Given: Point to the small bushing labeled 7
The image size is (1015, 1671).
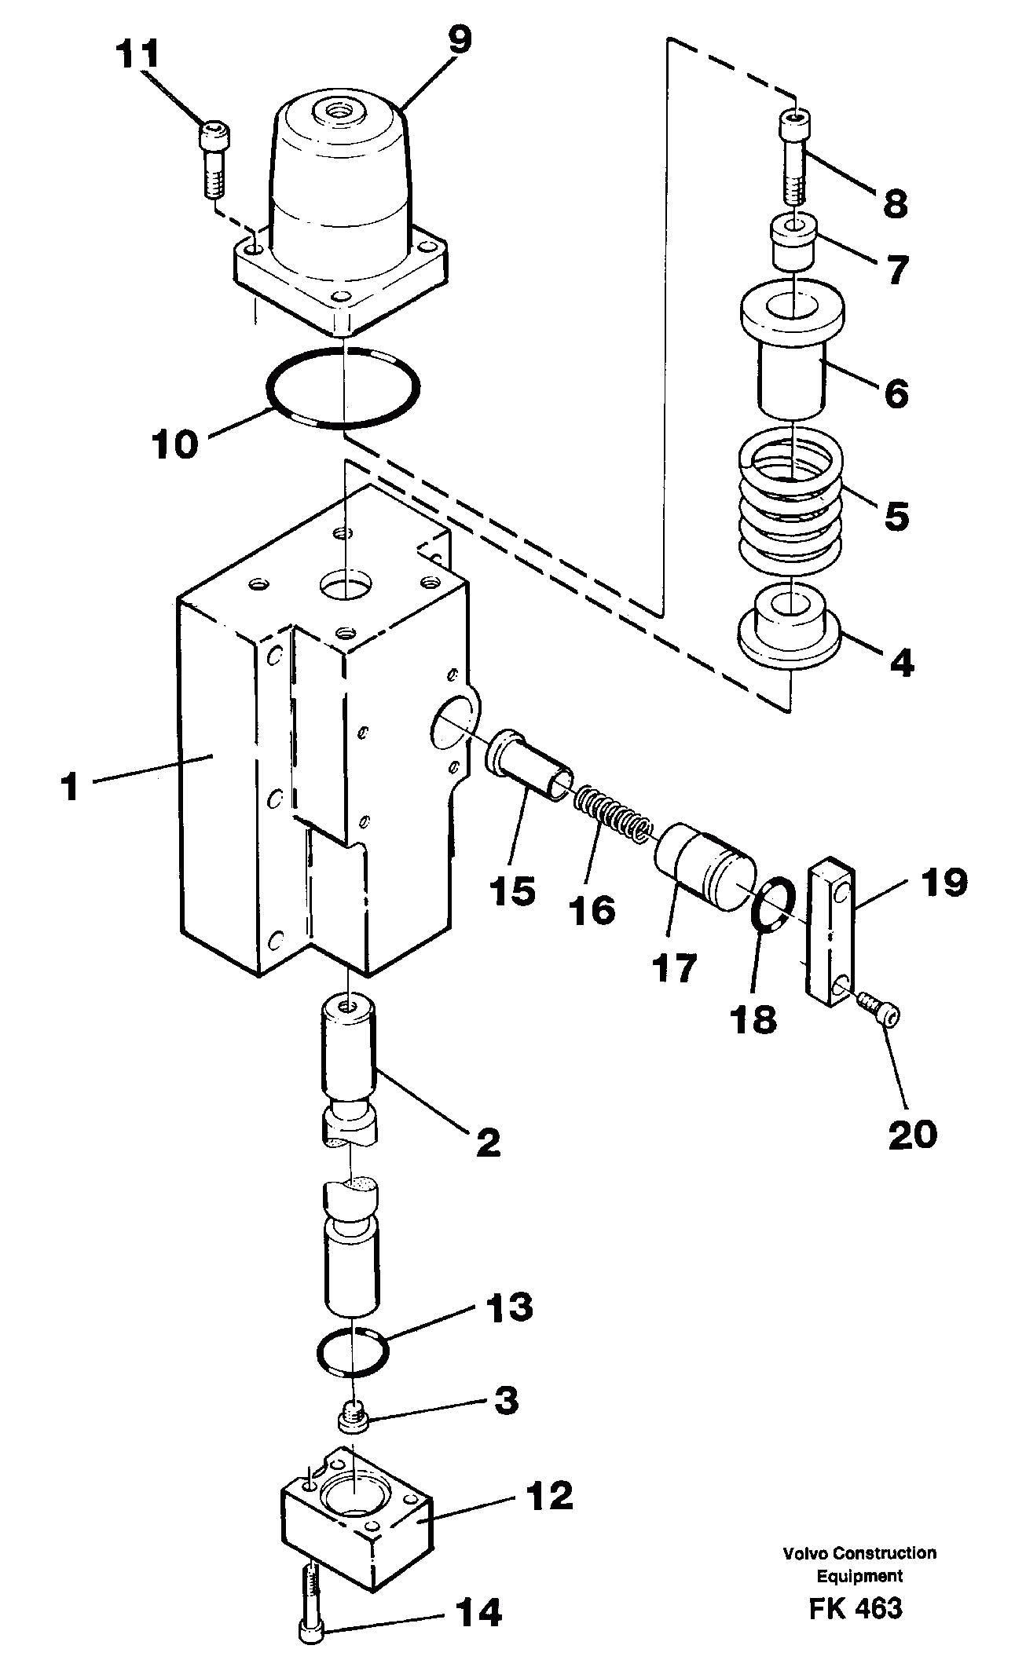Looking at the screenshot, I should tap(793, 242).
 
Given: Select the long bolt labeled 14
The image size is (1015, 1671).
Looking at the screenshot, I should tap(310, 1603).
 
